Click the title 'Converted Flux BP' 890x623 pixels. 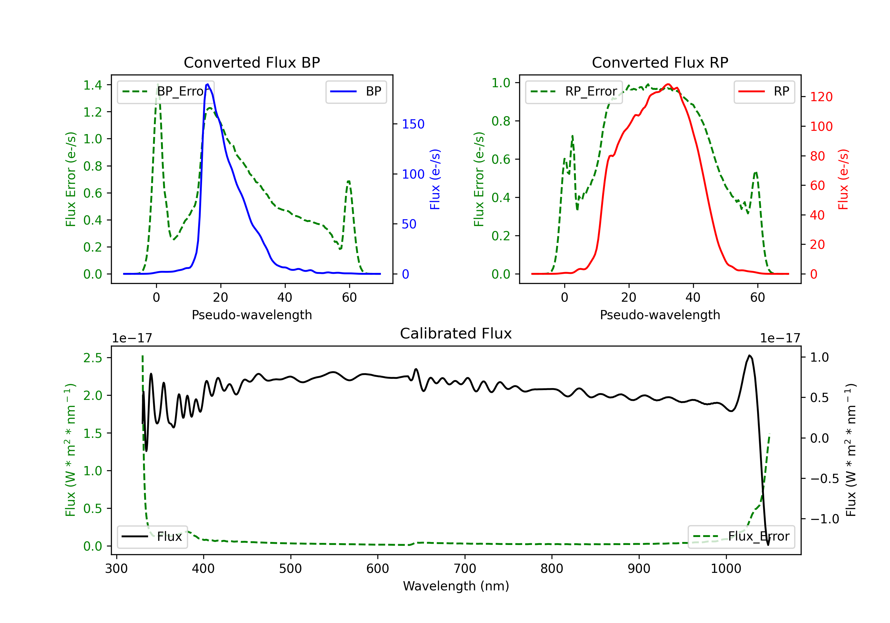point(252,62)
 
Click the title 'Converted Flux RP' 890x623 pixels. point(660,62)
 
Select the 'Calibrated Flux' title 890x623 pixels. point(456,333)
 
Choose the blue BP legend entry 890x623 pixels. point(356,91)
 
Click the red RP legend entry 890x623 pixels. point(764,91)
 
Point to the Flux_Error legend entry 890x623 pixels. point(741,537)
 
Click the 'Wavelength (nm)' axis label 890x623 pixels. point(456,586)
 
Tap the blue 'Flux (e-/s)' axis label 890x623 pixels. point(435,179)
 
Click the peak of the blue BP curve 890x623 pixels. point(208,84)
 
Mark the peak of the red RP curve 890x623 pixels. point(667,84)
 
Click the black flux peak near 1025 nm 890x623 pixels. point(750,355)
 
